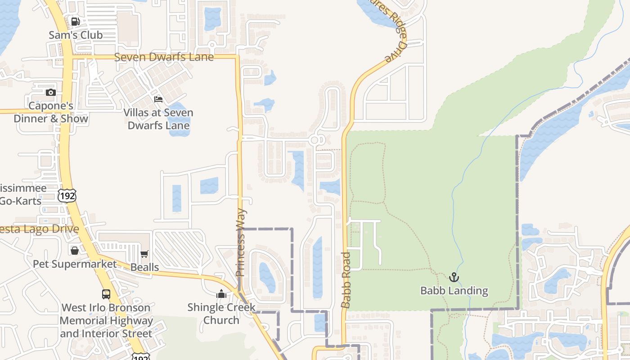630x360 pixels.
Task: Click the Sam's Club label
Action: (76, 35)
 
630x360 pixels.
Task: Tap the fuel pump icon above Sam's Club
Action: (76, 21)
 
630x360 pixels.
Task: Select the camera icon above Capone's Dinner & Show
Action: (51, 92)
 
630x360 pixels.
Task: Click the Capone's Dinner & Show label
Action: (51, 112)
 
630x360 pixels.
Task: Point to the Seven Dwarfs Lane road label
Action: (164, 57)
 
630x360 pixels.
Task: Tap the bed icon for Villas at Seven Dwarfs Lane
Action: (158, 99)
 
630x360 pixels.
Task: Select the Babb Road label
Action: (346, 280)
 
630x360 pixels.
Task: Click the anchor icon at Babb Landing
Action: (454, 277)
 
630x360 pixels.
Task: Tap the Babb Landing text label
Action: (454, 291)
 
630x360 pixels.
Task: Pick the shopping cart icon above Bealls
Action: (144, 254)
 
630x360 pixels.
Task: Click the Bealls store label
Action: (144, 267)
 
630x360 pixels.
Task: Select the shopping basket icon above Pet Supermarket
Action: (75, 250)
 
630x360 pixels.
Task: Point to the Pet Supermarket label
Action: (75, 264)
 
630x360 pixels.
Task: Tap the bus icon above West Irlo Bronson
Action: (106, 294)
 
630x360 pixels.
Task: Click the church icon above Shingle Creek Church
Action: (221, 294)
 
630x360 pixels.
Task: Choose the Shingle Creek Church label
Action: (221, 314)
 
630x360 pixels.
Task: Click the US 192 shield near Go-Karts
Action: (67, 196)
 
